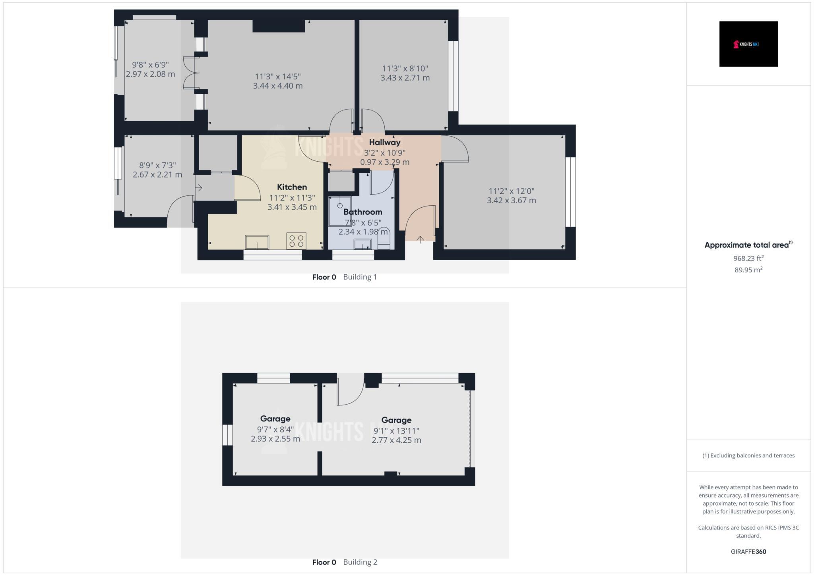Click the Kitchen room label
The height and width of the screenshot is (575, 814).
292,187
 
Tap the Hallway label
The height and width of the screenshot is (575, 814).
384,142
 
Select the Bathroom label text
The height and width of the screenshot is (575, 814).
362,212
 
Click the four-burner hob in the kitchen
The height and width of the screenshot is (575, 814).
297,241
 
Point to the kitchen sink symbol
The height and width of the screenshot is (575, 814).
257,242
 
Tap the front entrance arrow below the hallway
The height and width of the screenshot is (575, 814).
420,239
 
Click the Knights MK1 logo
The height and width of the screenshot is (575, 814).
748,44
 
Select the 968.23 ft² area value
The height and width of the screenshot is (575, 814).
748,259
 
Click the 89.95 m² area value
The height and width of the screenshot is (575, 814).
748,270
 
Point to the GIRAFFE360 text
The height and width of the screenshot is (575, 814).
748,552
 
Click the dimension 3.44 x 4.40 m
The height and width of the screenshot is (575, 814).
278,86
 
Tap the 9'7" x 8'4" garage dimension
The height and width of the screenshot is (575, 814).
275,429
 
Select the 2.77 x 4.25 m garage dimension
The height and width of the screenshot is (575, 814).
396,440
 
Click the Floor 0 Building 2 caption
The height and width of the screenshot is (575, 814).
344,562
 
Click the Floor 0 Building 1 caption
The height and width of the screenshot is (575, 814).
344,277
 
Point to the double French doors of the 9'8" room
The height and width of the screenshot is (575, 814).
190,73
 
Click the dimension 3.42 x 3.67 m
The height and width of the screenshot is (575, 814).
511,201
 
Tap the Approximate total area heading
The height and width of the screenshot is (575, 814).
748,245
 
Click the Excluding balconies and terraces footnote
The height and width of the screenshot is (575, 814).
748,456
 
